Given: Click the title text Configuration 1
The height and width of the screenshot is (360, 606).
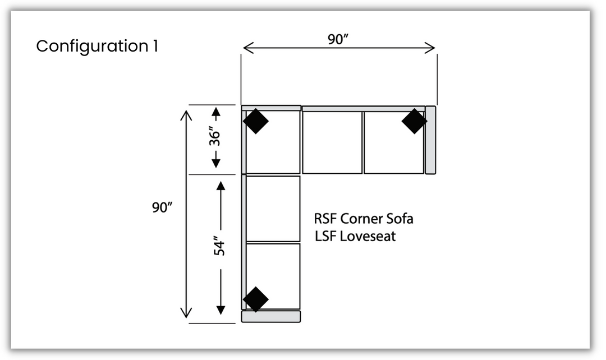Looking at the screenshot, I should pyautogui.click(x=97, y=46).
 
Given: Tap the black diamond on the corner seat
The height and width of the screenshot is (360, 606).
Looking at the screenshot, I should pyautogui.click(x=256, y=121).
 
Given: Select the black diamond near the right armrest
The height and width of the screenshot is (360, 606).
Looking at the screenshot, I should pyautogui.click(x=414, y=121).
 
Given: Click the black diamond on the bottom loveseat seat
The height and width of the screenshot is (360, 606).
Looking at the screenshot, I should pyautogui.click(x=256, y=299).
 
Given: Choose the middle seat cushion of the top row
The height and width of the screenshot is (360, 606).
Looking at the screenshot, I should pyautogui.click(x=332, y=142).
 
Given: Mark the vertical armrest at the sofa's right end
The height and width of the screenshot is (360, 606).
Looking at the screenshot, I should pyautogui.click(x=430, y=140).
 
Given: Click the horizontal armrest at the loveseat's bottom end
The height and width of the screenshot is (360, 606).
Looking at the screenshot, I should pyautogui.click(x=271, y=316).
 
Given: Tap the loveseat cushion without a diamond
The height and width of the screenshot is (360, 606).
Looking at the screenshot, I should pyautogui.click(x=273, y=209).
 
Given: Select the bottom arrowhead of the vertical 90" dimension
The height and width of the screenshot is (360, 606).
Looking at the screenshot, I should pyautogui.click(x=186, y=313).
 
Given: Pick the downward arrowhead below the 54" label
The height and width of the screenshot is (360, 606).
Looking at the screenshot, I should pyautogui.click(x=221, y=309).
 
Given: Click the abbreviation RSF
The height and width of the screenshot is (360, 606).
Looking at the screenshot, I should pyautogui.click(x=325, y=218).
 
